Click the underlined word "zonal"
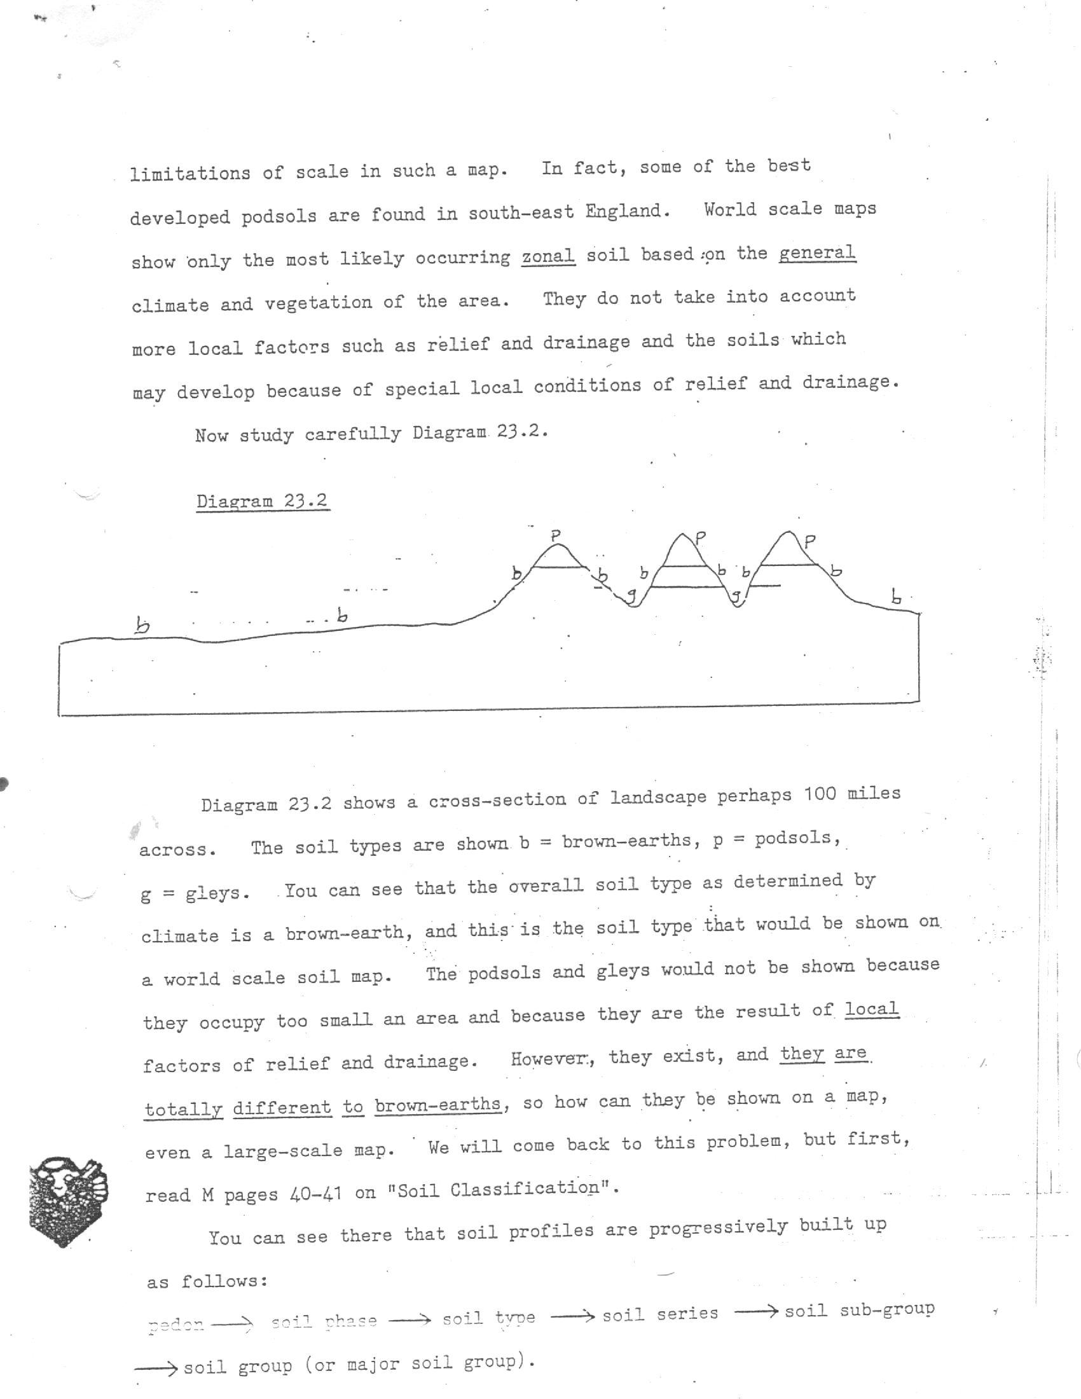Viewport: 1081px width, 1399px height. pyautogui.click(x=547, y=257)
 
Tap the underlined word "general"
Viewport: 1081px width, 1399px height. pyautogui.click(x=817, y=252)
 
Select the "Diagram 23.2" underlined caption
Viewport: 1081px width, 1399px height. pyautogui.click(x=262, y=500)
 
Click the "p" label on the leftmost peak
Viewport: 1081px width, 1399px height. pyautogui.click(x=556, y=534)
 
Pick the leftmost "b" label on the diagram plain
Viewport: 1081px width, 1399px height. pyautogui.click(x=143, y=624)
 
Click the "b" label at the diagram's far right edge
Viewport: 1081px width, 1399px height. pyautogui.click(x=897, y=597)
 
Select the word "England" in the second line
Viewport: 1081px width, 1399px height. pyautogui.click(x=627, y=211)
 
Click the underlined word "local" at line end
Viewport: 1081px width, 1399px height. pyautogui.click(x=872, y=1009)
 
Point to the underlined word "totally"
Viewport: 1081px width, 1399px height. pyautogui.click(x=183, y=1109)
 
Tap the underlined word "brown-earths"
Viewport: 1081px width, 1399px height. pyautogui.click(x=438, y=1105)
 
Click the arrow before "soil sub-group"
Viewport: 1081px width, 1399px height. pyautogui.click(x=756, y=1311)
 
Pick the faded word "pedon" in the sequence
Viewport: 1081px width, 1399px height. pyautogui.click(x=176, y=1324)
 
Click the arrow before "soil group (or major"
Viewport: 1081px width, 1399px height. pyautogui.click(x=156, y=1368)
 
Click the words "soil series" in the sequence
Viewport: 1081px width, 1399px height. pyautogui.click(x=659, y=1314)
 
